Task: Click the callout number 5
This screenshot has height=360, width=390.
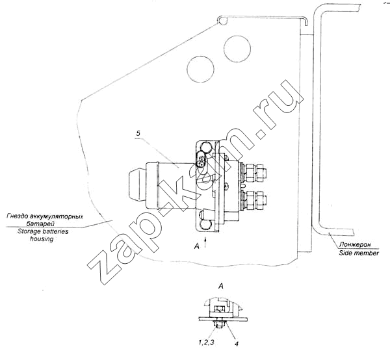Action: coord(138,133)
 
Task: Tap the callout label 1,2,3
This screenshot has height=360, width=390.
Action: coord(206,342)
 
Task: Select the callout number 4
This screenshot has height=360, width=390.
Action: coord(237,344)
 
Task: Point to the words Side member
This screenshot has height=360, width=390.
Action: coord(359,253)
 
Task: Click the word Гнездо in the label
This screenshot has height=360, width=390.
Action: coord(16,216)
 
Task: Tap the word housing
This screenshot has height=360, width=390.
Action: coord(42,239)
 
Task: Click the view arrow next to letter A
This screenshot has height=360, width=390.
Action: coord(205,242)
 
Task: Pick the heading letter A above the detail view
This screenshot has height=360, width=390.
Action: coord(220,287)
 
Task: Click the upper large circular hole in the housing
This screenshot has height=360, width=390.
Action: coord(237,48)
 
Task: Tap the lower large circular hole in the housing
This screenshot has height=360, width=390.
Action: coord(200,69)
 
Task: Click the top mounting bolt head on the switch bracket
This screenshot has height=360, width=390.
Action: coord(205,147)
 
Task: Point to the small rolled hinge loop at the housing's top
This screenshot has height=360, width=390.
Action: coord(222,21)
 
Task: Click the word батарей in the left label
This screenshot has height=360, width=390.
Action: coord(40,224)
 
